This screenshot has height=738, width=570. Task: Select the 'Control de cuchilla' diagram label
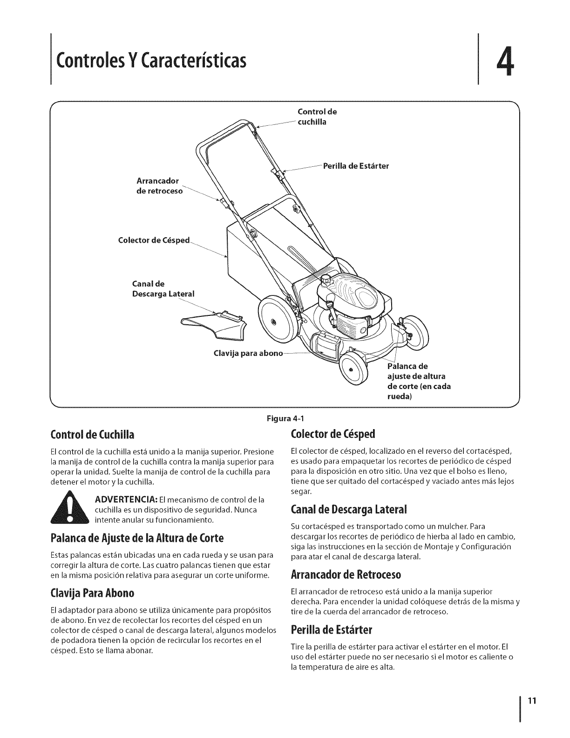pos(317,117)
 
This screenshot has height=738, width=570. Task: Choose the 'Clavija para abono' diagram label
pos(248,353)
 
